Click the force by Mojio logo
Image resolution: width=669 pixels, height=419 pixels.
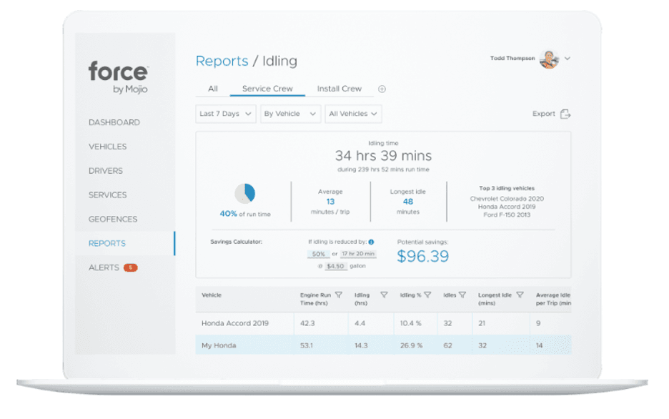[x=118, y=77]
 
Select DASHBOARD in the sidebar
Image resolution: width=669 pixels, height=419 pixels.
[x=114, y=122]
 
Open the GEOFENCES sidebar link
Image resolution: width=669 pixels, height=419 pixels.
[x=113, y=219]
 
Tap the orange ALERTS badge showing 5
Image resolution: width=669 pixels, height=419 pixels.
[x=131, y=267]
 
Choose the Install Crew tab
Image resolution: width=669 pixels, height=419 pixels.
[x=339, y=89]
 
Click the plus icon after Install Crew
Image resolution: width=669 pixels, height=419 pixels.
[x=382, y=89]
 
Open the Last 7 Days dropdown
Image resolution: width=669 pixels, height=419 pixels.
[x=225, y=114]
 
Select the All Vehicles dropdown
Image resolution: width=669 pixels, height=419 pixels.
[x=353, y=114]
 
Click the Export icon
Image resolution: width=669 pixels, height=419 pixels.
[x=565, y=114]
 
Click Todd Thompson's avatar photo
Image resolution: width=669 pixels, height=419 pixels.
[x=548, y=59]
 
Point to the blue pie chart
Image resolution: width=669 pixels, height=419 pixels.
[x=244, y=192]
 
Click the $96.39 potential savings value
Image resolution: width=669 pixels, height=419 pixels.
[x=423, y=256]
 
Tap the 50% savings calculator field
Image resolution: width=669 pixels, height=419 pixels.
[x=318, y=254]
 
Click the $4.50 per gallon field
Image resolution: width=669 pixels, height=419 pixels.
[x=335, y=266]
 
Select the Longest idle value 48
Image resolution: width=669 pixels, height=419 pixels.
[x=407, y=202]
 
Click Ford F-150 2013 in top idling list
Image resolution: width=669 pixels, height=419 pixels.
[x=507, y=215]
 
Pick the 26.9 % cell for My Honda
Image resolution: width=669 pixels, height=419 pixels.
[x=411, y=345]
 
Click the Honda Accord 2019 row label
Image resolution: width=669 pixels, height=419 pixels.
[x=235, y=323]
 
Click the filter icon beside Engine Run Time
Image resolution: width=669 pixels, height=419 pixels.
[x=339, y=295]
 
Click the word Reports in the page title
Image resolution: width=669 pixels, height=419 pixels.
[x=222, y=61]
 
